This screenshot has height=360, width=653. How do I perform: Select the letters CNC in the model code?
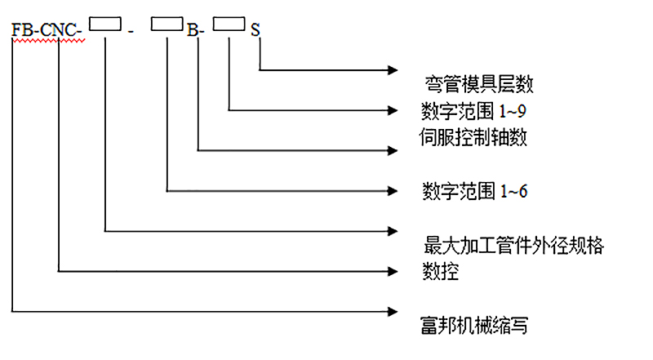pyautogui.click(x=57, y=32)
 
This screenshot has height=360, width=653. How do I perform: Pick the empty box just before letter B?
pyautogui.click(x=167, y=26)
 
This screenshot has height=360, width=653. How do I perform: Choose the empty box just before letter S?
pyautogui.click(x=229, y=26)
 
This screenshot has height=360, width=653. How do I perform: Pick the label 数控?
pyautogui.click(x=440, y=271)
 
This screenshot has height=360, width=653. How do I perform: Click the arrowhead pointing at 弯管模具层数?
pyautogui.click(x=393, y=70)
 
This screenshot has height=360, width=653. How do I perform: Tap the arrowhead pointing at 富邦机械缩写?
pyautogui.click(x=391, y=311)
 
